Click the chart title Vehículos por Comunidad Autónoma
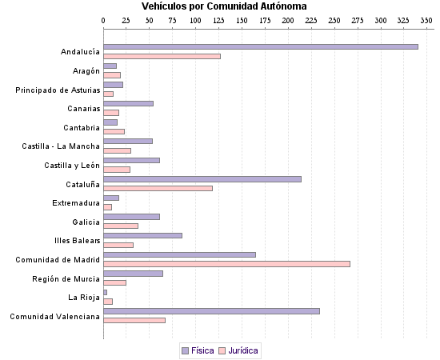[218, 6]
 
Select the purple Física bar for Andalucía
[260, 46]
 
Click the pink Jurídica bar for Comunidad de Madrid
[226, 263]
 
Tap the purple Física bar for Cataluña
[202, 178]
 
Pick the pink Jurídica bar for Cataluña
[158, 188]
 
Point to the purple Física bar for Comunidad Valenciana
[211, 311]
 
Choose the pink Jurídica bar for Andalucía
[162, 56]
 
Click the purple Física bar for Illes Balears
[142, 235]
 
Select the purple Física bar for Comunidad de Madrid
[179, 254]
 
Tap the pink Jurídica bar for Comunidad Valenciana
[134, 320]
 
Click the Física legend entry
[198, 350]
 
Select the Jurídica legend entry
[238, 350]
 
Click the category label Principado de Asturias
[58, 90]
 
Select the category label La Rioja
[84, 298]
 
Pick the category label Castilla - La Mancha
[61, 146]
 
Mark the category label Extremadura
[76, 203]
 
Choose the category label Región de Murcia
[66, 278]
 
